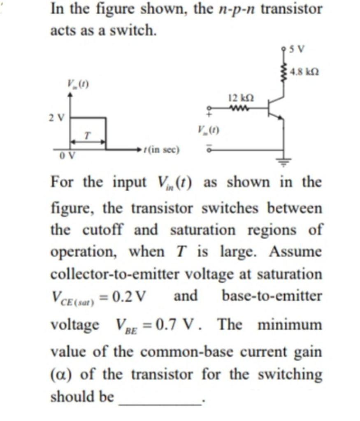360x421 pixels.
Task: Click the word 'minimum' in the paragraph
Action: (x=290, y=325)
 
